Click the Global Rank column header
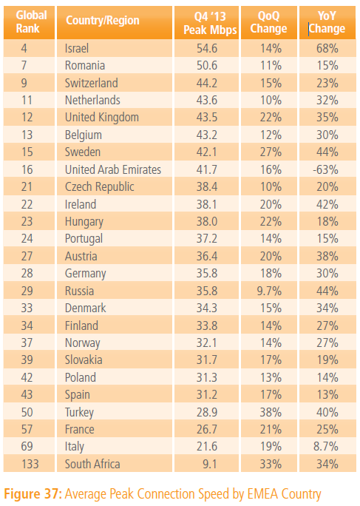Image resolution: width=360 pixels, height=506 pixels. (x=31, y=21)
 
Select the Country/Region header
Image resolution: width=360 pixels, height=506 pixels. (x=103, y=20)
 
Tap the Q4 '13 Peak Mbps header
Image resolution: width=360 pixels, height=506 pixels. (x=210, y=23)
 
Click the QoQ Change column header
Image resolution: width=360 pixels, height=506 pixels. (x=269, y=22)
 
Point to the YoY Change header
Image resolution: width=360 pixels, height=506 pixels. (x=327, y=22)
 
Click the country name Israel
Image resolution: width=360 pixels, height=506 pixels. (x=77, y=48)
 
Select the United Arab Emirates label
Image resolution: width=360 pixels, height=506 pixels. (x=113, y=169)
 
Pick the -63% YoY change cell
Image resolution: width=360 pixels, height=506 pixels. (x=325, y=169)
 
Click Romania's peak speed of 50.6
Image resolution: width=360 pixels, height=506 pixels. (x=207, y=66)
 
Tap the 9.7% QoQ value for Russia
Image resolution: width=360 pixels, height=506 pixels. (x=269, y=291)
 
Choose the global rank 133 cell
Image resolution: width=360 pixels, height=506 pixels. (x=30, y=464)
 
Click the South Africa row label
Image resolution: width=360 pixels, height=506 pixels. (x=92, y=464)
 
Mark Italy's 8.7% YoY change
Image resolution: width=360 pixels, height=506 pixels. (x=326, y=447)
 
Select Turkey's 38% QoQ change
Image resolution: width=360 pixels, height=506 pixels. (x=271, y=412)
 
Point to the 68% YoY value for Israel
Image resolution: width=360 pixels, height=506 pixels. (x=327, y=48)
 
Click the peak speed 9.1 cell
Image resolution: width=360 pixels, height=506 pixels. (x=210, y=464)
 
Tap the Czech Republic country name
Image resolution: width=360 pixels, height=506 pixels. (x=99, y=187)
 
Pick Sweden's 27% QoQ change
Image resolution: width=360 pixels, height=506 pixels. (x=271, y=152)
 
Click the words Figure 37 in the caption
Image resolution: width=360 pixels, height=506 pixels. (x=32, y=493)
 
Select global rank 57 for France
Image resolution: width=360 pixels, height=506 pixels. (x=27, y=430)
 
